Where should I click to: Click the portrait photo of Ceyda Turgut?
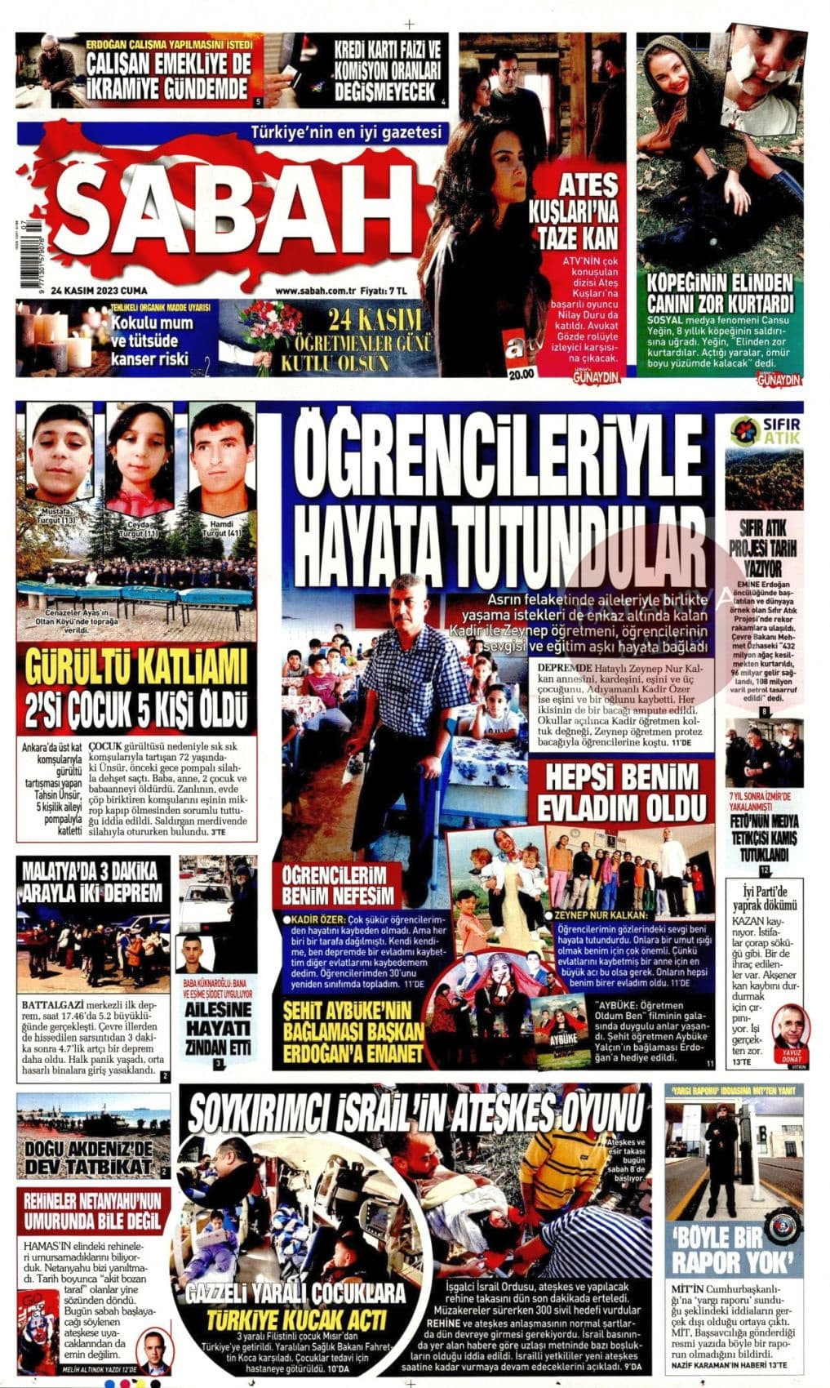(140, 457)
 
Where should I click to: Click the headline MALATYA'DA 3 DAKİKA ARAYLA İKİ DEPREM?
(92, 880)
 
